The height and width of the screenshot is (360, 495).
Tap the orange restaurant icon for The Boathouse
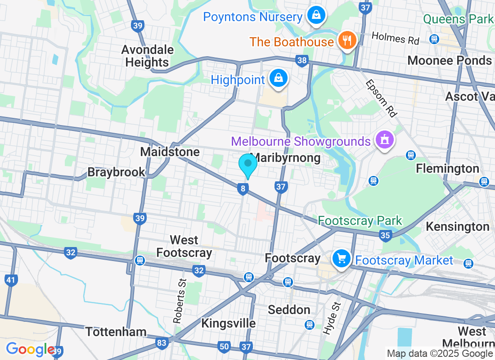point(347,41)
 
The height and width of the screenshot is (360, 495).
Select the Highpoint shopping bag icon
point(279,78)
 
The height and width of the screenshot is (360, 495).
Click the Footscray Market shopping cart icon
point(342,258)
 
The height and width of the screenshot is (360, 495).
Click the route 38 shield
point(302,60)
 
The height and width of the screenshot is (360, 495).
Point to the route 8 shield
point(243,189)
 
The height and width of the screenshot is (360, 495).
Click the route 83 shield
point(162,343)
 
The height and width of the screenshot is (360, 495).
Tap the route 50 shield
point(224,346)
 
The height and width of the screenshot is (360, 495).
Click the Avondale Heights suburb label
point(147,56)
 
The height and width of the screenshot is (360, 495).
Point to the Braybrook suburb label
point(117,172)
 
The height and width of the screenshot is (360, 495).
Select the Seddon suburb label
point(289,310)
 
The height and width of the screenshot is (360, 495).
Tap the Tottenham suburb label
point(116,332)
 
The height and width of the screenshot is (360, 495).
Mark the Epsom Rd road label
point(382,99)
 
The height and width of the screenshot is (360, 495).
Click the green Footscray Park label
point(360,220)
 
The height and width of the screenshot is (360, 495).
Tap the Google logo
point(30,349)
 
